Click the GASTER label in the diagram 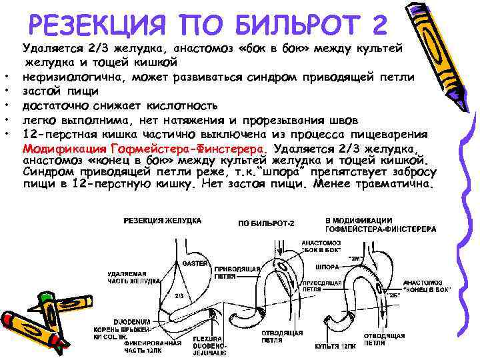click(193, 263)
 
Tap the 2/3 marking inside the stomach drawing click(179, 295)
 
